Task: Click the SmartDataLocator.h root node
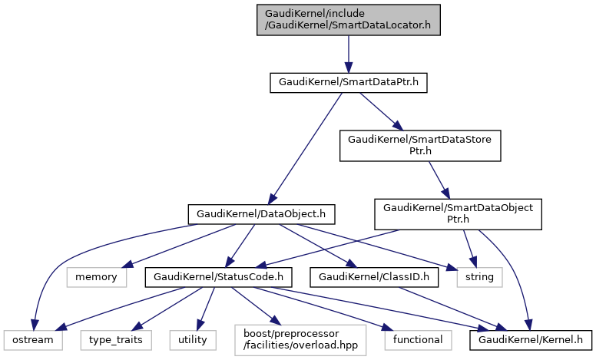tap(349, 19)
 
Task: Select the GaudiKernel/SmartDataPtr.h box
tap(348, 82)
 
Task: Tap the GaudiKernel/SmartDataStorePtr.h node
tap(425, 145)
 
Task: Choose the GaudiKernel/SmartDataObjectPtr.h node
tap(458, 213)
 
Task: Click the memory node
tap(96, 275)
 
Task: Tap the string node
tap(479, 275)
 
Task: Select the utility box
tap(193, 339)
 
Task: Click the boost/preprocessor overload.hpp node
tap(300, 339)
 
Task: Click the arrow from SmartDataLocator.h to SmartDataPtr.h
tap(348, 54)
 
